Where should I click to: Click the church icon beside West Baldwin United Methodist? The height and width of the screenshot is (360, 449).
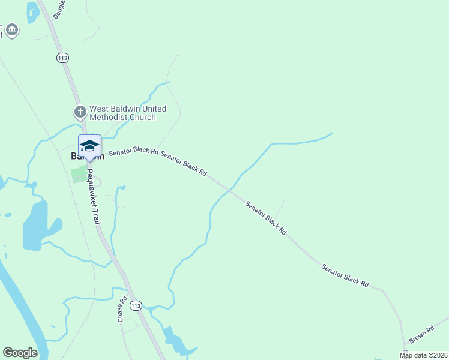(x=80, y=112)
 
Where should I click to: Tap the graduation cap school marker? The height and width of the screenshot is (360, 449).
(x=89, y=146)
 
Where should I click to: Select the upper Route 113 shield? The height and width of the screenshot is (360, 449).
(x=63, y=58)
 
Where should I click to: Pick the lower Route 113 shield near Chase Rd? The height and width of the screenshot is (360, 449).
(x=136, y=305)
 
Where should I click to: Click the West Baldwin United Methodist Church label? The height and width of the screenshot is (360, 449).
(x=127, y=113)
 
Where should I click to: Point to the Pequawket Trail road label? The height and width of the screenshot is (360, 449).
(x=93, y=196)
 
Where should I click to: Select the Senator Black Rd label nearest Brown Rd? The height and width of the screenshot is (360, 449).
(x=345, y=275)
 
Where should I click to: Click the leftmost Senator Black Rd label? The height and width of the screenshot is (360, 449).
(x=133, y=152)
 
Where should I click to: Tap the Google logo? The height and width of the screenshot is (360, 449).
(x=20, y=353)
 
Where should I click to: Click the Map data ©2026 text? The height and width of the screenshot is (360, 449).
(x=423, y=355)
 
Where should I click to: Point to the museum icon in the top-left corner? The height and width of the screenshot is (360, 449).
(x=12, y=30)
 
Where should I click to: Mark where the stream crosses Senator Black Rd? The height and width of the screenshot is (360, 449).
(x=229, y=190)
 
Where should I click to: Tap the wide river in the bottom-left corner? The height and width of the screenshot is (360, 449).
(x=24, y=312)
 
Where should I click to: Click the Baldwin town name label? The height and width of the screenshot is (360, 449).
(x=88, y=156)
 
